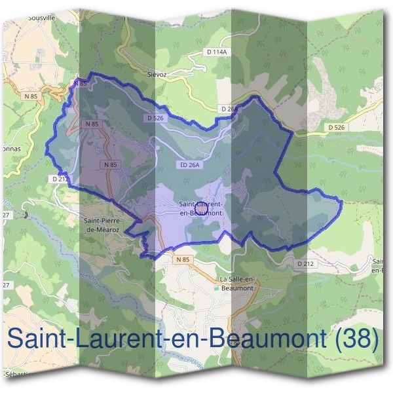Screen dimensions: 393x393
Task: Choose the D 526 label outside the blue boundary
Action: click(x=336, y=127)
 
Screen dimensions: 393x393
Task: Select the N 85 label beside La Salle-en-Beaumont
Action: click(x=183, y=260)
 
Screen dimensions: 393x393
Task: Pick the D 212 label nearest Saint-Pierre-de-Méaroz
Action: click(x=58, y=178)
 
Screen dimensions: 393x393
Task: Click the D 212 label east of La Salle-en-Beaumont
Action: click(x=305, y=263)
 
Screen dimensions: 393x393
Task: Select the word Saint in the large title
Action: click(x=35, y=339)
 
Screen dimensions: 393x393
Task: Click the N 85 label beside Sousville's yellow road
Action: click(x=81, y=84)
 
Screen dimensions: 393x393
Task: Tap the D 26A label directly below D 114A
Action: click(x=230, y=109)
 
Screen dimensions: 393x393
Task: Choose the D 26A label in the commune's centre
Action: click(x=189, y=165)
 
